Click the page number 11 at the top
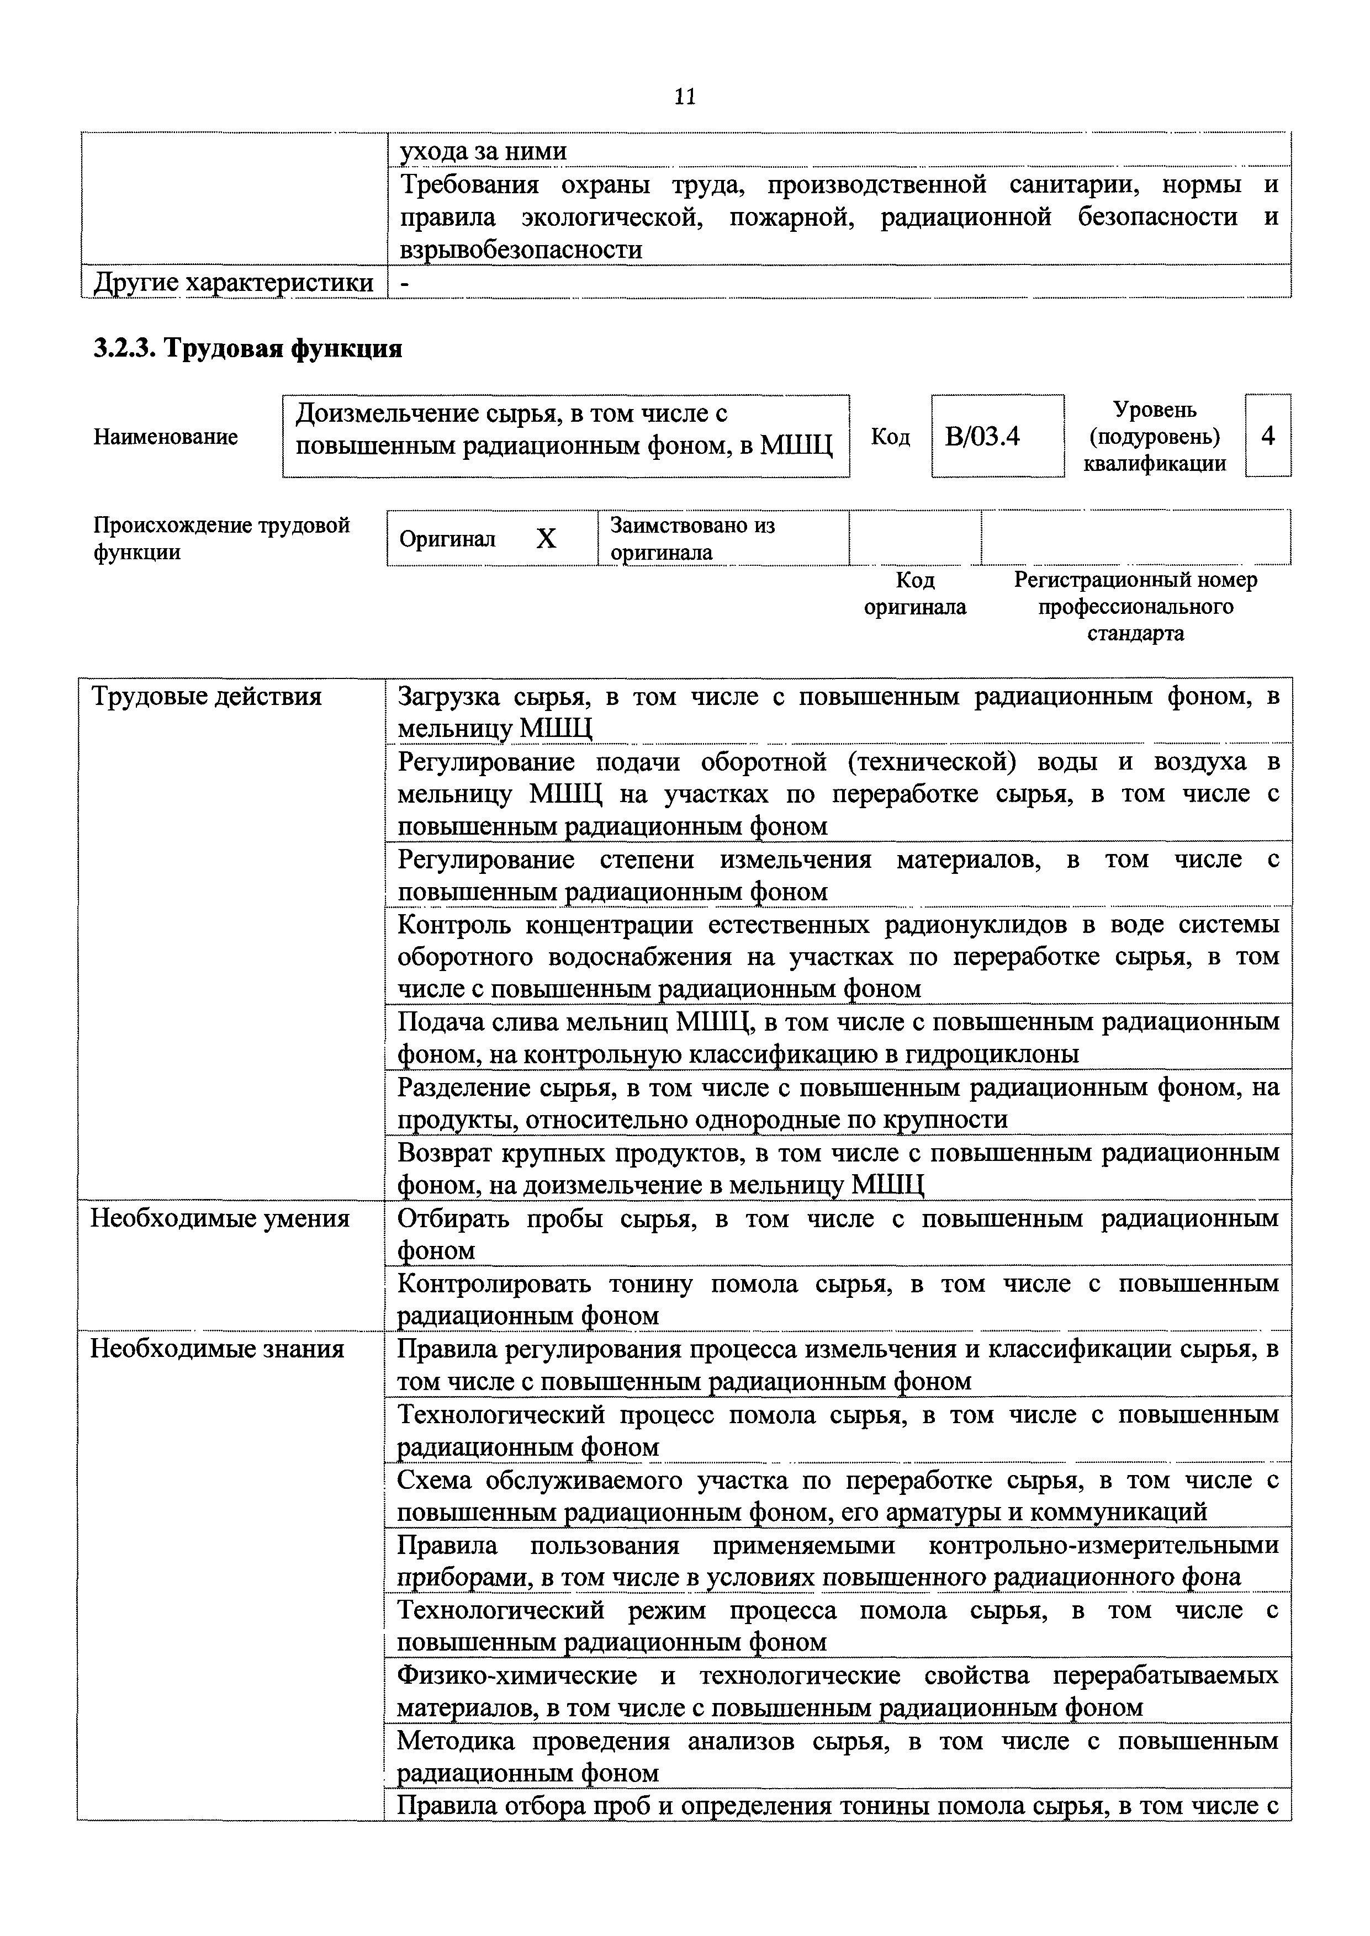tap(685, 97)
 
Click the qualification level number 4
tap(1268, 436)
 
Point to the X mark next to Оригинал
tap(547, 539)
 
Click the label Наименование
tap(165, 437)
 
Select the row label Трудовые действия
tap(207, 697)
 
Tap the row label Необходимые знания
tap(218, 1349)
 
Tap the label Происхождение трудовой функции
tap(221, 539)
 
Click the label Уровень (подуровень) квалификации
tap(1154, 437)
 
